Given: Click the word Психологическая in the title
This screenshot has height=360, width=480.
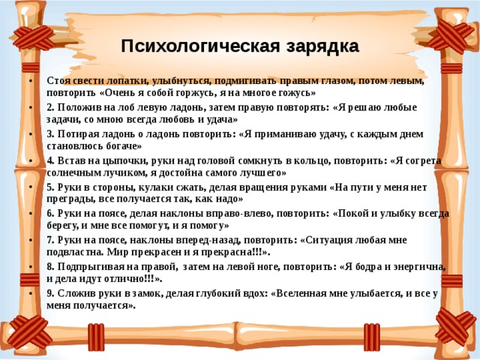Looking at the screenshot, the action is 200,46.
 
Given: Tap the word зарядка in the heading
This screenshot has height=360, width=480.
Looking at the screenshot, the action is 322,47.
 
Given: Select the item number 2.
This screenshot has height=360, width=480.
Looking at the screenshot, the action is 50,107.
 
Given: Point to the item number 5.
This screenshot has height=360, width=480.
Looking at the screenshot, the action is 50,187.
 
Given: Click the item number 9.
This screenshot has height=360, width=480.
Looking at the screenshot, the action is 50,293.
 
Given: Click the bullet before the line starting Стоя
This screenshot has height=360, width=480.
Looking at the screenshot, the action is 31,81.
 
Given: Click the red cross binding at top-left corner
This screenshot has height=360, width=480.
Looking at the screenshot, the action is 34,37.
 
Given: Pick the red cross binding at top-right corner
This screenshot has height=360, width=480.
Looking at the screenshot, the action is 451,34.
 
